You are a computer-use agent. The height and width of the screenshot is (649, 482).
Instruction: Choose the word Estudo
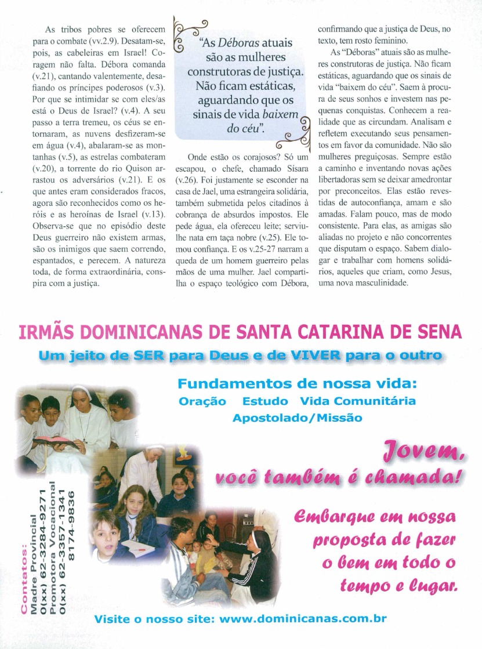(265, 401)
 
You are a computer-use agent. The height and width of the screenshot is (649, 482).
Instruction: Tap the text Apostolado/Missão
(297, 418)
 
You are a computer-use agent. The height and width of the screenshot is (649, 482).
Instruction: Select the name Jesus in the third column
(426, 273)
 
